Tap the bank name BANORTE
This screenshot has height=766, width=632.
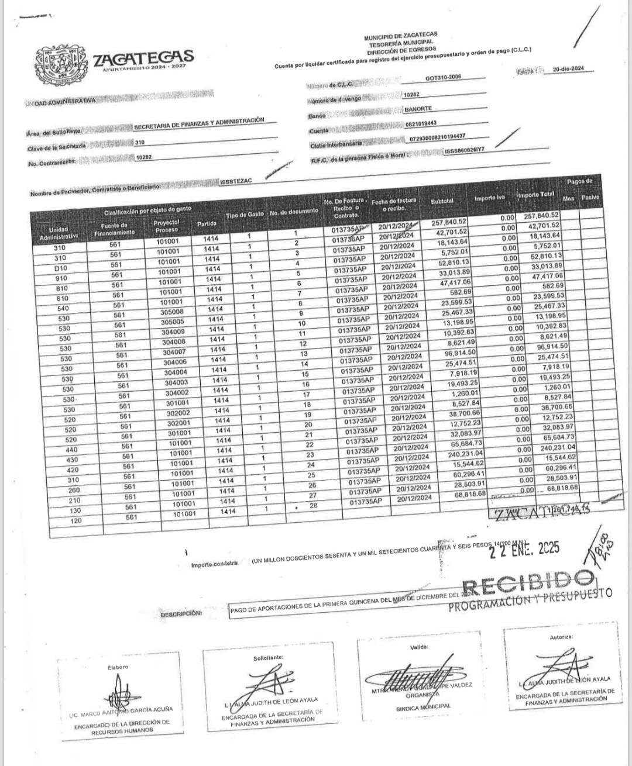coord(418,109)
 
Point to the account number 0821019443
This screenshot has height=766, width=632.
coord(421,123)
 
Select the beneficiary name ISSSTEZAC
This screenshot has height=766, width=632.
coord(236,181)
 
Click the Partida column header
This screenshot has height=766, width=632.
coord(207,223)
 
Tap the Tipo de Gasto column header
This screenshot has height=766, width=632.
coord(245,215)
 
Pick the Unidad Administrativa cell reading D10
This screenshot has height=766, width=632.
coord(60,268)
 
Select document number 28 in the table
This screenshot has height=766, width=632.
coord(312,505)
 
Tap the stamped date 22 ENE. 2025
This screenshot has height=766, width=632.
coord(527,548)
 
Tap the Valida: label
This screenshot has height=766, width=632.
coord(420,647)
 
